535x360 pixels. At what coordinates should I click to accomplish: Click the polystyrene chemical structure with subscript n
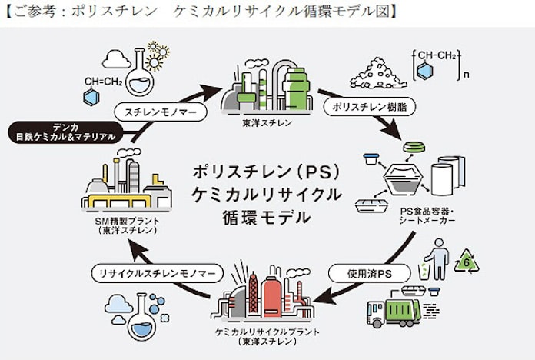pyautogui.click(x=434, y=66)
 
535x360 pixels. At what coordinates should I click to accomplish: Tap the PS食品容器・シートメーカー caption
pyautogui.click(x=427, y=217)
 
